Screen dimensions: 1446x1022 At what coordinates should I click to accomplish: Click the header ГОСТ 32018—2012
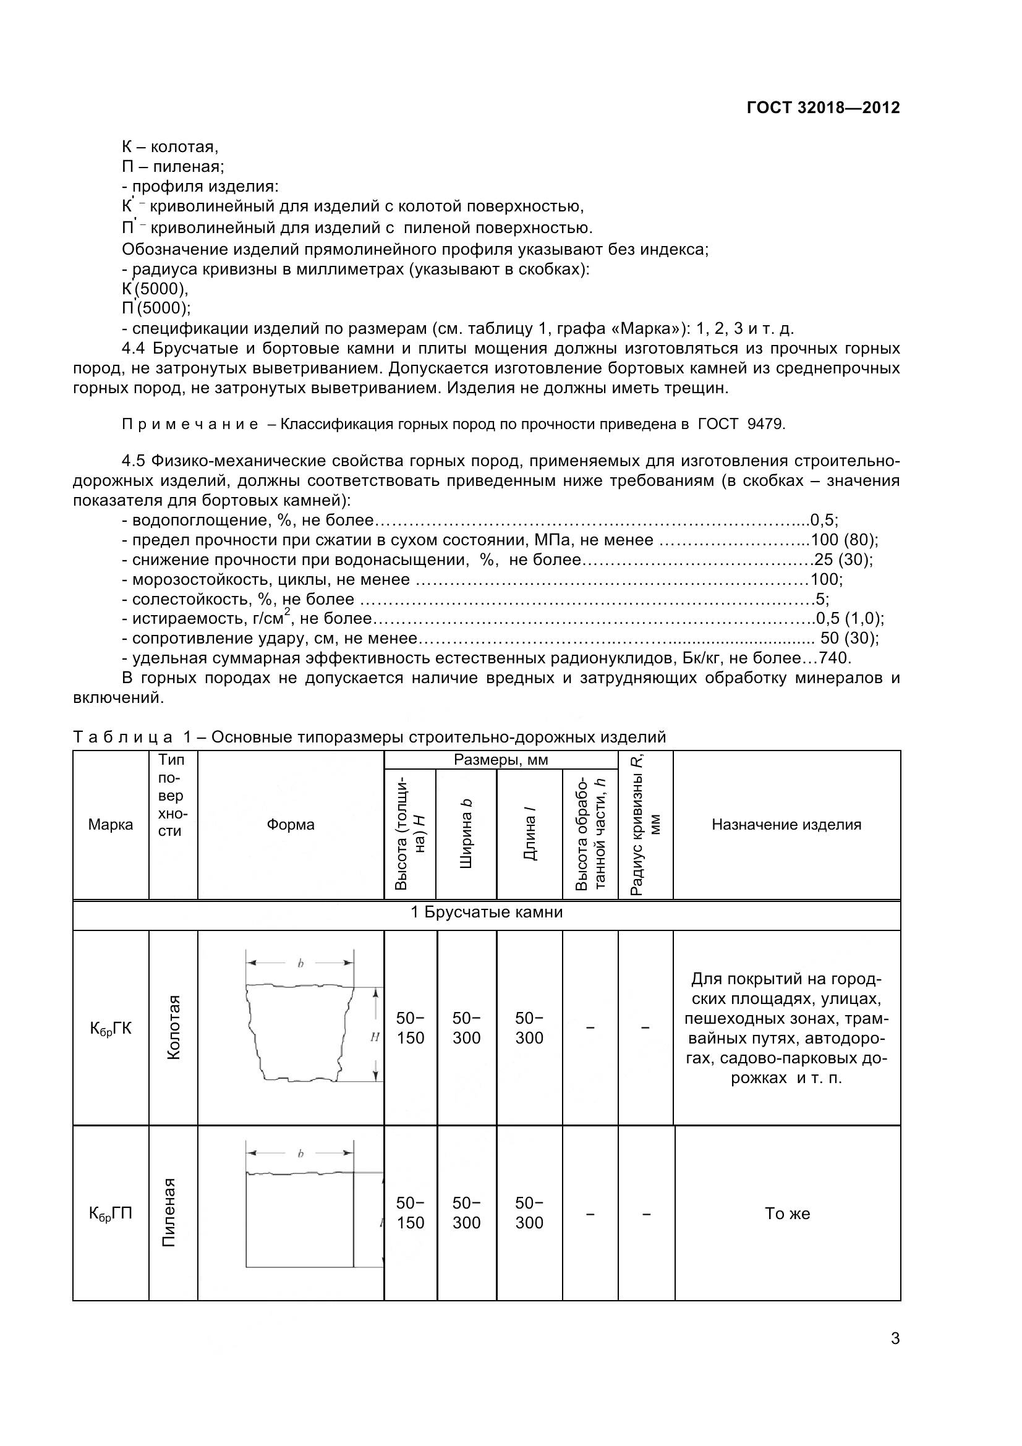823,108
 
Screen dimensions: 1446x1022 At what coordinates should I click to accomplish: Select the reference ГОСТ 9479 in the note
741,424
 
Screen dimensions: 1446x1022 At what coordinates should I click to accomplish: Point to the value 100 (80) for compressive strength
844,540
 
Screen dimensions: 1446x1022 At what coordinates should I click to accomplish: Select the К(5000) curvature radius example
155,289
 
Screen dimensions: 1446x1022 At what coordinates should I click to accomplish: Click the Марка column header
110,825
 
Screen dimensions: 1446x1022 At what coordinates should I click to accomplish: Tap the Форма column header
291,825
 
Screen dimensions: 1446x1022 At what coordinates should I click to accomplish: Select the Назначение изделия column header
786,825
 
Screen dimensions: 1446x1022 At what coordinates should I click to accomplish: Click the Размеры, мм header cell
501,760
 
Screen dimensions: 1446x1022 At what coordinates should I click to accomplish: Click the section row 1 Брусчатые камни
486,912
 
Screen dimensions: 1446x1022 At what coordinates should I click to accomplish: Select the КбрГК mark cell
111,1029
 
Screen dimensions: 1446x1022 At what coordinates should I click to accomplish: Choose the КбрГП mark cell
111,1213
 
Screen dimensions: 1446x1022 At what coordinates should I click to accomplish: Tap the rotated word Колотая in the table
173,1027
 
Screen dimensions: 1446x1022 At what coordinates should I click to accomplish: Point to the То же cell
786,1214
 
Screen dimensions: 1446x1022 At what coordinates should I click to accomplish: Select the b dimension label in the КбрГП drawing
300,1154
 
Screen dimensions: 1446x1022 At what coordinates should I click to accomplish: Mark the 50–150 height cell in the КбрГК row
411,1028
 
